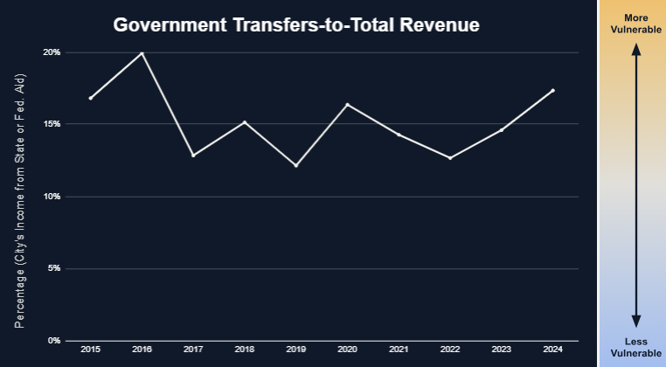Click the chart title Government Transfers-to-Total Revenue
coord(296,25)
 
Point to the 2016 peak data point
coord(142,53)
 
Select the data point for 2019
coord(296,165)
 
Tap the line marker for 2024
coord(552,90)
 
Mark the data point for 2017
coord(193,155)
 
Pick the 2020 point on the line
coord(347,105)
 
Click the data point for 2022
coord(450,157)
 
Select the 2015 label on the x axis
coord(90,350)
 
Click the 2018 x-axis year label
coord(245,350)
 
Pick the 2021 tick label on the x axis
coord(399,350)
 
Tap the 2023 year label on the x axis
coord(502,350)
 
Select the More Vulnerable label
coord(635,23)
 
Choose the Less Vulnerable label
coord(635,347)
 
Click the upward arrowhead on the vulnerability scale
coord(636,50)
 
